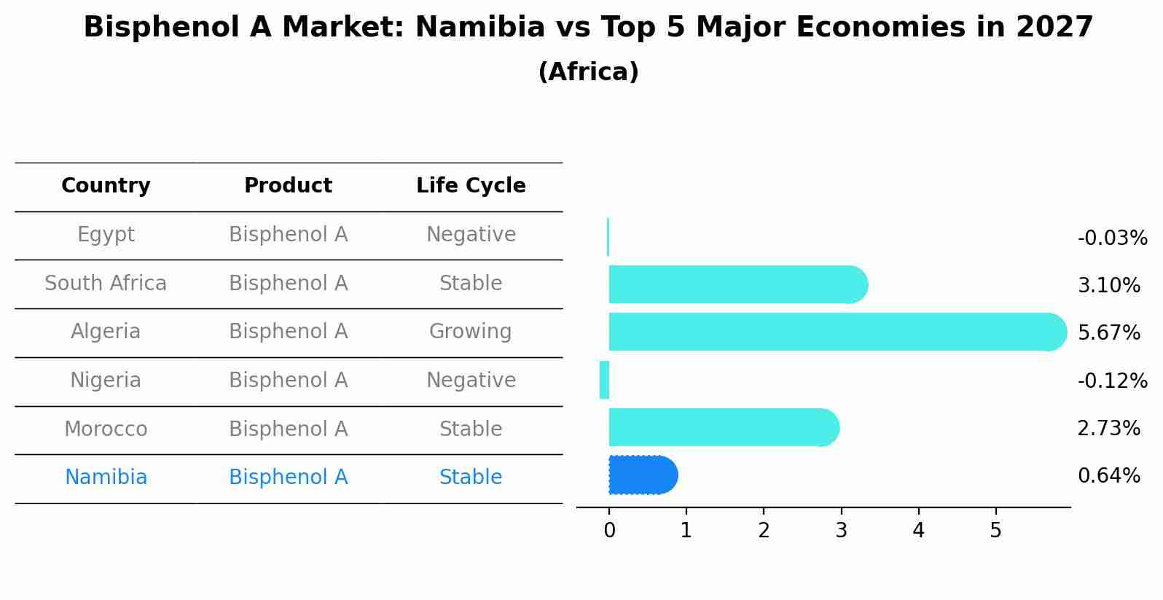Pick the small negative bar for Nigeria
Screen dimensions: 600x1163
pos(604,380)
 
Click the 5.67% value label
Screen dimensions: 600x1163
pos(1108,333)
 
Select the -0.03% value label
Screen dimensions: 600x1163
pos(1112,238)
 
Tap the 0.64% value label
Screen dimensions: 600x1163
pos(1108,476)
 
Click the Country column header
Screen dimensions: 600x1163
pos(106,186)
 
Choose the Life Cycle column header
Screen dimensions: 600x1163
pos(471,186)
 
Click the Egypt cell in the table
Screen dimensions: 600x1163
pos(106,235)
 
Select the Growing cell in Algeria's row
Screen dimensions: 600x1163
pos(471,332)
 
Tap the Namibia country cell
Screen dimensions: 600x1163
pos(106,478)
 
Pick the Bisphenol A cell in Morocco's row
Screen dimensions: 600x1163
pos(288,429)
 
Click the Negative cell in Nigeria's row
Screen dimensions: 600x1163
pos(471,381)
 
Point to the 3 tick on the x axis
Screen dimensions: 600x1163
pos(841,531)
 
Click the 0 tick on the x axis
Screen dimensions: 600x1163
pos(609,531)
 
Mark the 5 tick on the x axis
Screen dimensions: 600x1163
pos(995,531)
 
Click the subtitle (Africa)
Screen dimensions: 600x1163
pos(588,72)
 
